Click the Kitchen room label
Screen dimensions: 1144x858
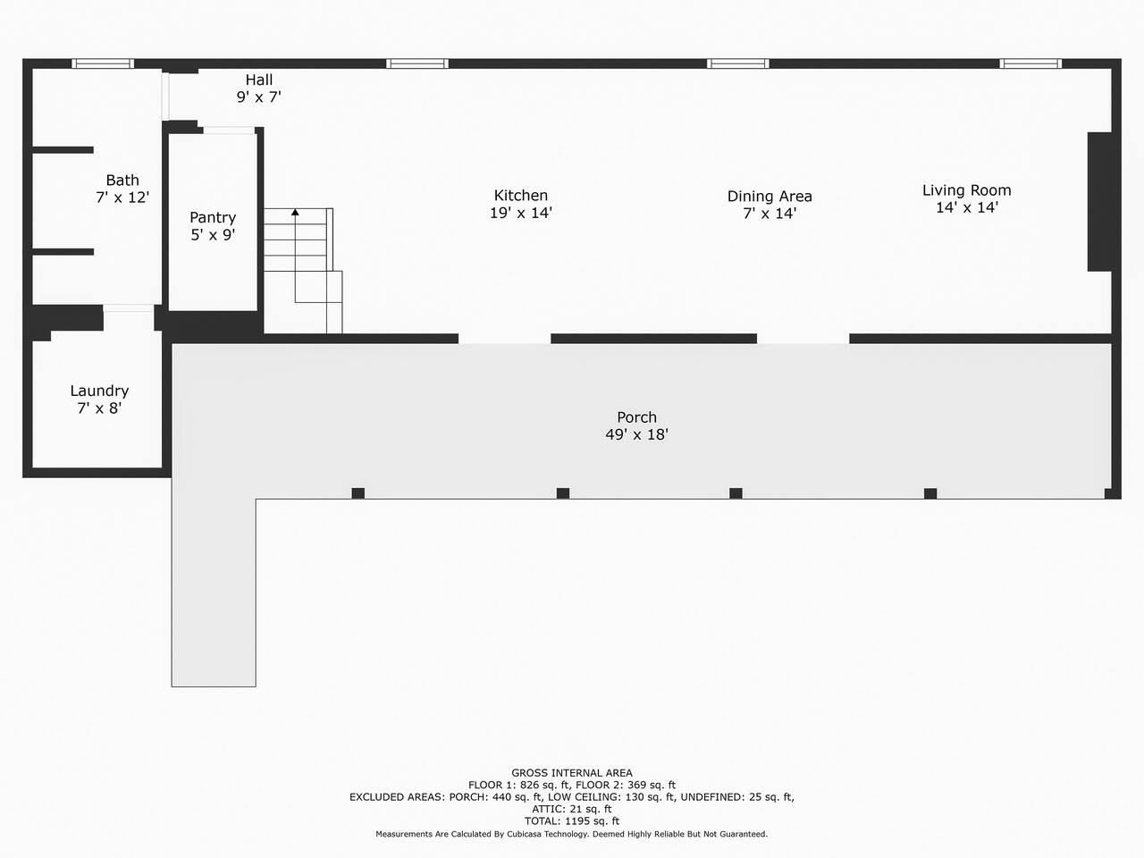tap(521, 196)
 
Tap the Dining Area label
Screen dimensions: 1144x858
tap(770, 197)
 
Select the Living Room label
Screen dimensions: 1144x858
tap(967, 190)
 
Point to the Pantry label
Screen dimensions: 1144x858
tap(213, 217)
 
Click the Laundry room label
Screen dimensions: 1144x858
tap(99, 391)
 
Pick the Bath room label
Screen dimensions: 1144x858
tap(122, 181)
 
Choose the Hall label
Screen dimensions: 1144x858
tap(259, 80)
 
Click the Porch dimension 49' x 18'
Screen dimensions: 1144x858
tap(637, 434)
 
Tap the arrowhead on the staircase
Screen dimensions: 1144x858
tap(295, 212)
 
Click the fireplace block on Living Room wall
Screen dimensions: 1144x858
tap(1099, 202)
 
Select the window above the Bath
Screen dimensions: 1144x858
tap(103, 63)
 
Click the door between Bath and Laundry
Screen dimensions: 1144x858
tap(128, 308)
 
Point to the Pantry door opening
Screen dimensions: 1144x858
tap(229, 130)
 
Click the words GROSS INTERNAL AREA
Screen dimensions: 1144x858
tap(572, 773)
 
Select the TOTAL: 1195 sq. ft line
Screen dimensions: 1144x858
tap(572, 821)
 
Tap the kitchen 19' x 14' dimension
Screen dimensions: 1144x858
tap(521, 213)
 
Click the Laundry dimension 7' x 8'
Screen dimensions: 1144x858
tap(99, 408)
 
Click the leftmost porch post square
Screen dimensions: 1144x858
tap(358, 493)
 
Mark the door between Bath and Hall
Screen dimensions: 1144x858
tap(165, 97)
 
